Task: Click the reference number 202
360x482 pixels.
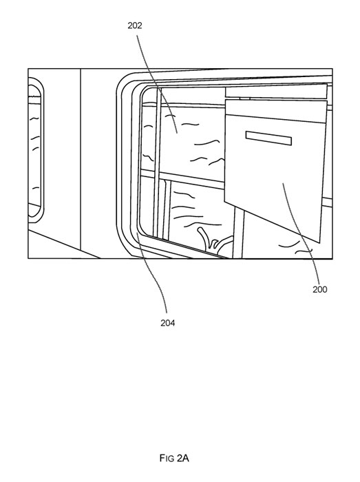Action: pos(135,26)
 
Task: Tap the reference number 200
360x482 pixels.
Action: pos(320,290)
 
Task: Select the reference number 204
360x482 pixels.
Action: pos(168,323)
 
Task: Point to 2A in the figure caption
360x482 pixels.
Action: pos(183,459)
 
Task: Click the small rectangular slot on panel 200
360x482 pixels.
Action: pos(268,138)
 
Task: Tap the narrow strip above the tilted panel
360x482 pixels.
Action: pos(276,91)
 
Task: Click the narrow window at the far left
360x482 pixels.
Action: pos(36,150)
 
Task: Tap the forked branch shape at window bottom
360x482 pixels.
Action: pos(213,241)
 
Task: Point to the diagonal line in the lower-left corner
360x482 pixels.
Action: pos(64,244)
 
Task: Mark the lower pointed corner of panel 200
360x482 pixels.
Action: pos(319,243)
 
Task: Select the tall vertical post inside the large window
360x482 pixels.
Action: pos(158,163)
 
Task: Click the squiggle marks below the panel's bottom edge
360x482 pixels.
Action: pos(295,247)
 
